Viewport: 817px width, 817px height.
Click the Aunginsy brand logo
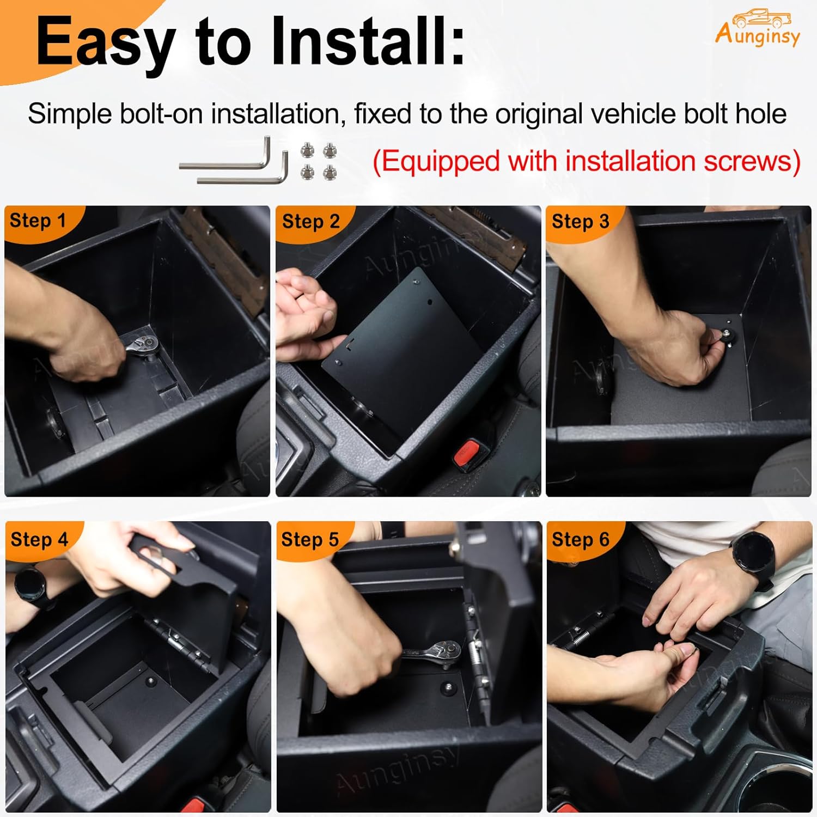pos(758,28)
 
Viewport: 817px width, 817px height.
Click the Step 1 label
pos(38,221)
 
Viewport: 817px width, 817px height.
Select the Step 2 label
pos(310,222)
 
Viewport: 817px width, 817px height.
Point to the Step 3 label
pos(580,222)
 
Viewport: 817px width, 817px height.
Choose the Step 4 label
pos(39,539)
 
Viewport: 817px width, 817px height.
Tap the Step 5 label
pos(310,539)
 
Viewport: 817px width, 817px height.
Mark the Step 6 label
pos(580,539)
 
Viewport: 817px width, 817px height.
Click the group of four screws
pos(319,161)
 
